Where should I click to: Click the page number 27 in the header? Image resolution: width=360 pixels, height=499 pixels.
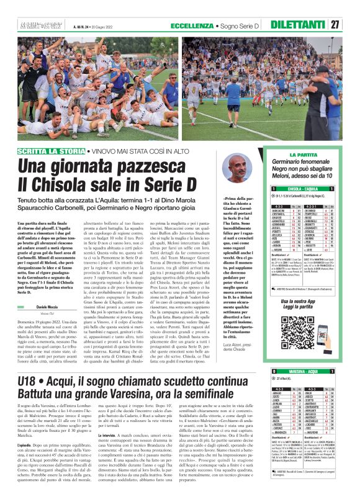click(351, 25)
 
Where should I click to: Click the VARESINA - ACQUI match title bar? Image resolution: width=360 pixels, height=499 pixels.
click(305, 372)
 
